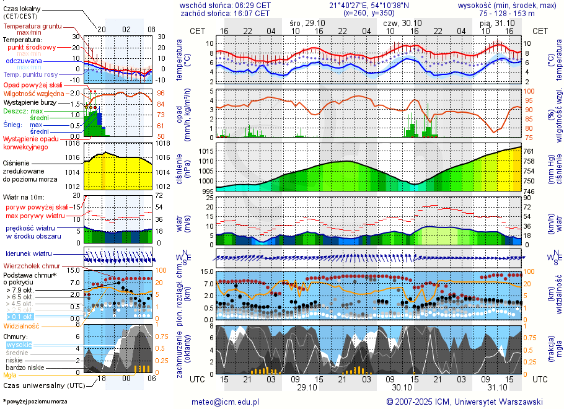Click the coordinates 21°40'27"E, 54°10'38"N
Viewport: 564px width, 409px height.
coord(369,5)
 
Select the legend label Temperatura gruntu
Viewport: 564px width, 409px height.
coord(30,27)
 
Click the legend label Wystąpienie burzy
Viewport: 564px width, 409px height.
coord(29,102)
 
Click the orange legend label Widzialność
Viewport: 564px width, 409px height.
coord(22,325)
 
